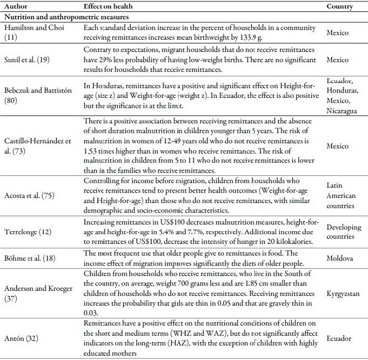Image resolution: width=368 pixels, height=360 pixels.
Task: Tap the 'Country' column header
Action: click(x=340, y=6)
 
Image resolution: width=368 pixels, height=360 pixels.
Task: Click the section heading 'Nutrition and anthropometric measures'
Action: click(x=57, y=17)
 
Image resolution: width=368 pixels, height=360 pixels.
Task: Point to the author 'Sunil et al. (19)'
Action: click(x=26, y=57)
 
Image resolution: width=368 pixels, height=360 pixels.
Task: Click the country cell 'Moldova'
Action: click(x=338, y=258)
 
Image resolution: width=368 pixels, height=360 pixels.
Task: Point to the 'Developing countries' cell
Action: click(x=343, y=231)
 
